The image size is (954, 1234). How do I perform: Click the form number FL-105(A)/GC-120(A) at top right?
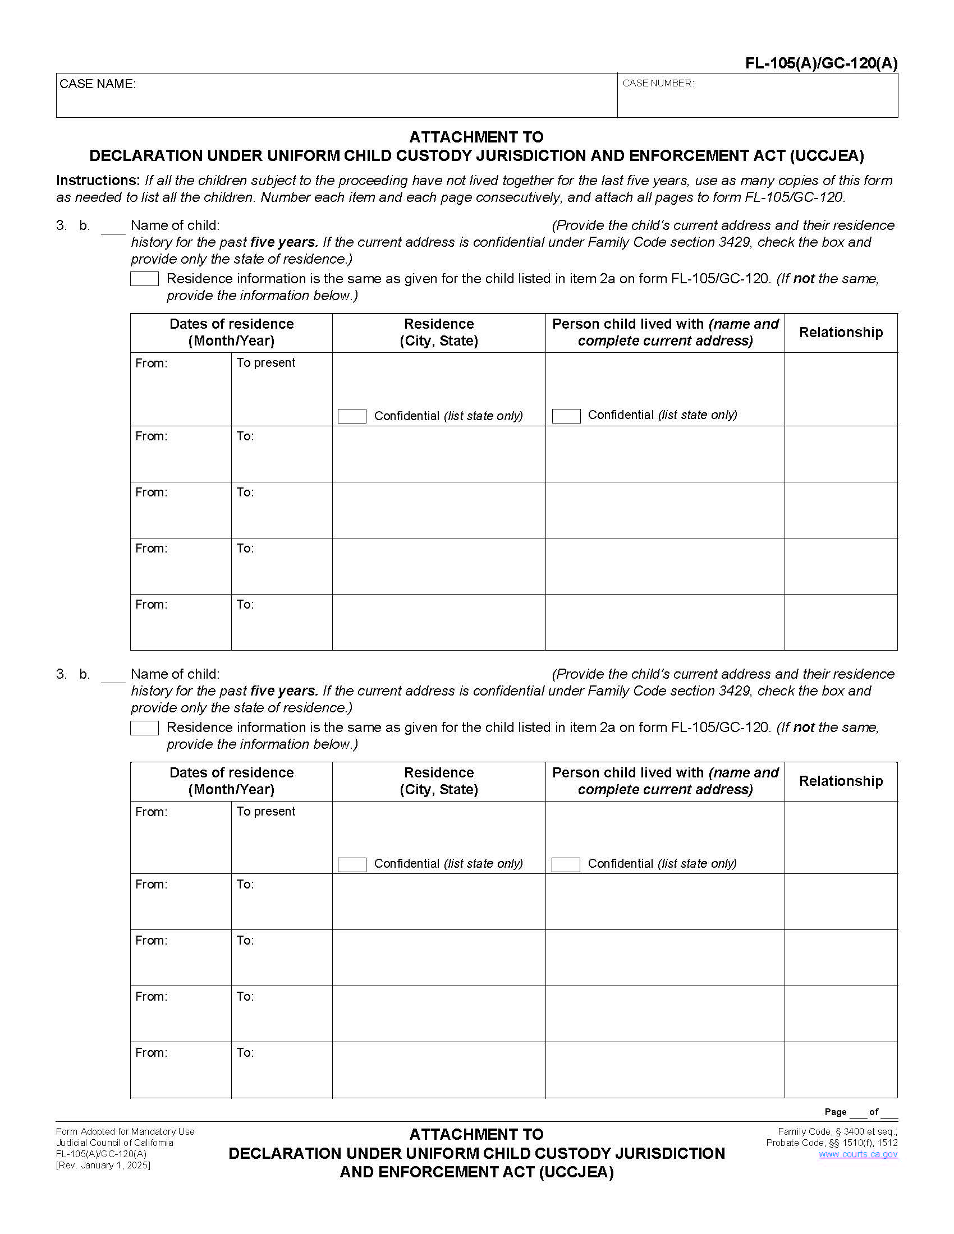[820, 63]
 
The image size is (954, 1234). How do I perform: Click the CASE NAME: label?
[97, 84]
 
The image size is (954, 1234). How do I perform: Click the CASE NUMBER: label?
[658, 84]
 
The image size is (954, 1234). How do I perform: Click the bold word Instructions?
[98, 180]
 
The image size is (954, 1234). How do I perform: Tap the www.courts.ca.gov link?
[857, 1154]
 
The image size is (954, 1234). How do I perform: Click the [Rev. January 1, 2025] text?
[103, 1165]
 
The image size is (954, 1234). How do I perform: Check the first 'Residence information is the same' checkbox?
[144, 279]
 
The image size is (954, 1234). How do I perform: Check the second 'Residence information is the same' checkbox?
[144, 727]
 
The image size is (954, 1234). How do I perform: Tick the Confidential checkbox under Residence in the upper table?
[351, 416]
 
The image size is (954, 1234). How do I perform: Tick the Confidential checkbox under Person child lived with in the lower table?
[566, 864]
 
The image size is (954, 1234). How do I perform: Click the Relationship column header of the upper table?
[841, 333]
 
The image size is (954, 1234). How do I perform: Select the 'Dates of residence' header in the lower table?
[231, 781]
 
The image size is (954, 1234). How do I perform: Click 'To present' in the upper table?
[265, 363]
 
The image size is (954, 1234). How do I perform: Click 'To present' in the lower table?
[265, 812]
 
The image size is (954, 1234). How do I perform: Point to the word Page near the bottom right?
[835, 1112]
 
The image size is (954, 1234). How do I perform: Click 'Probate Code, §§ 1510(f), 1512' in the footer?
[831, 1143]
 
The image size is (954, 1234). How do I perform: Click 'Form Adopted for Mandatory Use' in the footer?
[125, 1131]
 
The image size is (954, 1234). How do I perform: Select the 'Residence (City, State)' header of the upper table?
[439, 332]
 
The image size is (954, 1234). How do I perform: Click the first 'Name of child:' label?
[175, 225]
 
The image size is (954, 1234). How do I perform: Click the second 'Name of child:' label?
[175, 674]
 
